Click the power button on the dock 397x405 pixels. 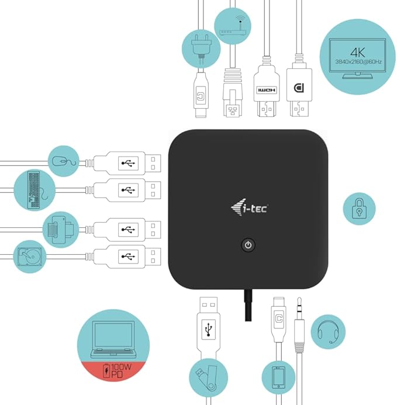point(248,244)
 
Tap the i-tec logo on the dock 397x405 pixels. point(248,206)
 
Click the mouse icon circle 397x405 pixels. point(63,162)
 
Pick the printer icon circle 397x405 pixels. point(61,229)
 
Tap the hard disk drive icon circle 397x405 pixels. point(30,257)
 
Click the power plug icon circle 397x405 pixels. point(200,47)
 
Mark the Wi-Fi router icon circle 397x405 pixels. point(232,27)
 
